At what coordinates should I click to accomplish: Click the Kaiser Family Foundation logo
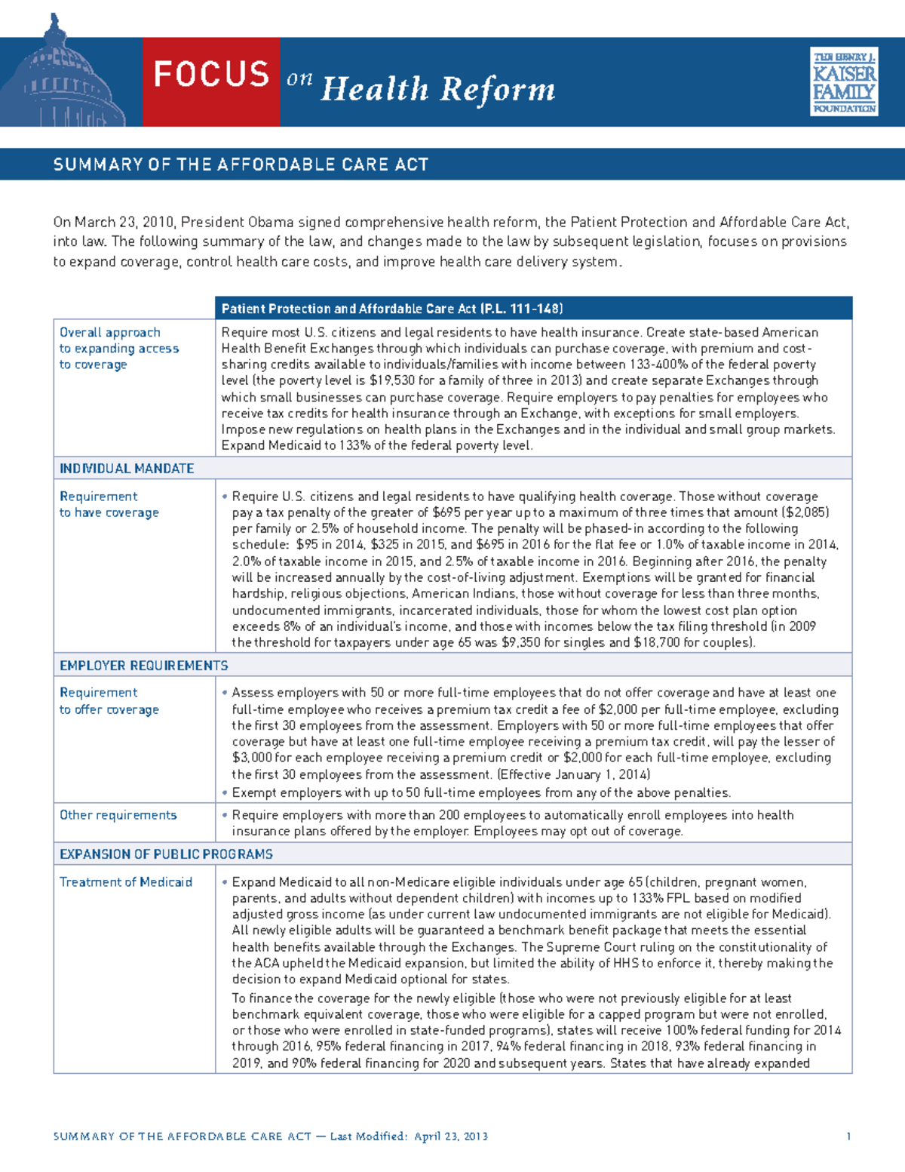tap(843, 82)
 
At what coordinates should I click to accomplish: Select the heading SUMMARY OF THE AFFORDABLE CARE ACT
tap(241, 165)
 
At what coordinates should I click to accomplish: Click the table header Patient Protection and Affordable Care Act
tap(392, 309)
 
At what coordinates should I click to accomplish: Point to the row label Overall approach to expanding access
tap(118, 348)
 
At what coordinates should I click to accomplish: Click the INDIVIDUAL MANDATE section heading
tap(127, 469)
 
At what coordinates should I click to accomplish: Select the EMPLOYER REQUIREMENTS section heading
tap(143, 666)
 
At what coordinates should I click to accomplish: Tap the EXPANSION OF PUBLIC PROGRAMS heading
tap(166, 854)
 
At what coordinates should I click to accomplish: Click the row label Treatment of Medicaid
tap(126, 882)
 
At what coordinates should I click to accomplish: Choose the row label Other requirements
tap(118, 815)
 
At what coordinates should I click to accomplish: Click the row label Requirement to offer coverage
tap(109, 701)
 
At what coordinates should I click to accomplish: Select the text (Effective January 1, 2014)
tap(573, 775)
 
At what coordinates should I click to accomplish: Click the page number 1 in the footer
tap(848, 1137)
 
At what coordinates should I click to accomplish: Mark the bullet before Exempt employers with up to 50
tap(225, 793)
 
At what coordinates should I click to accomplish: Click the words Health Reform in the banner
tap(437, 89)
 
